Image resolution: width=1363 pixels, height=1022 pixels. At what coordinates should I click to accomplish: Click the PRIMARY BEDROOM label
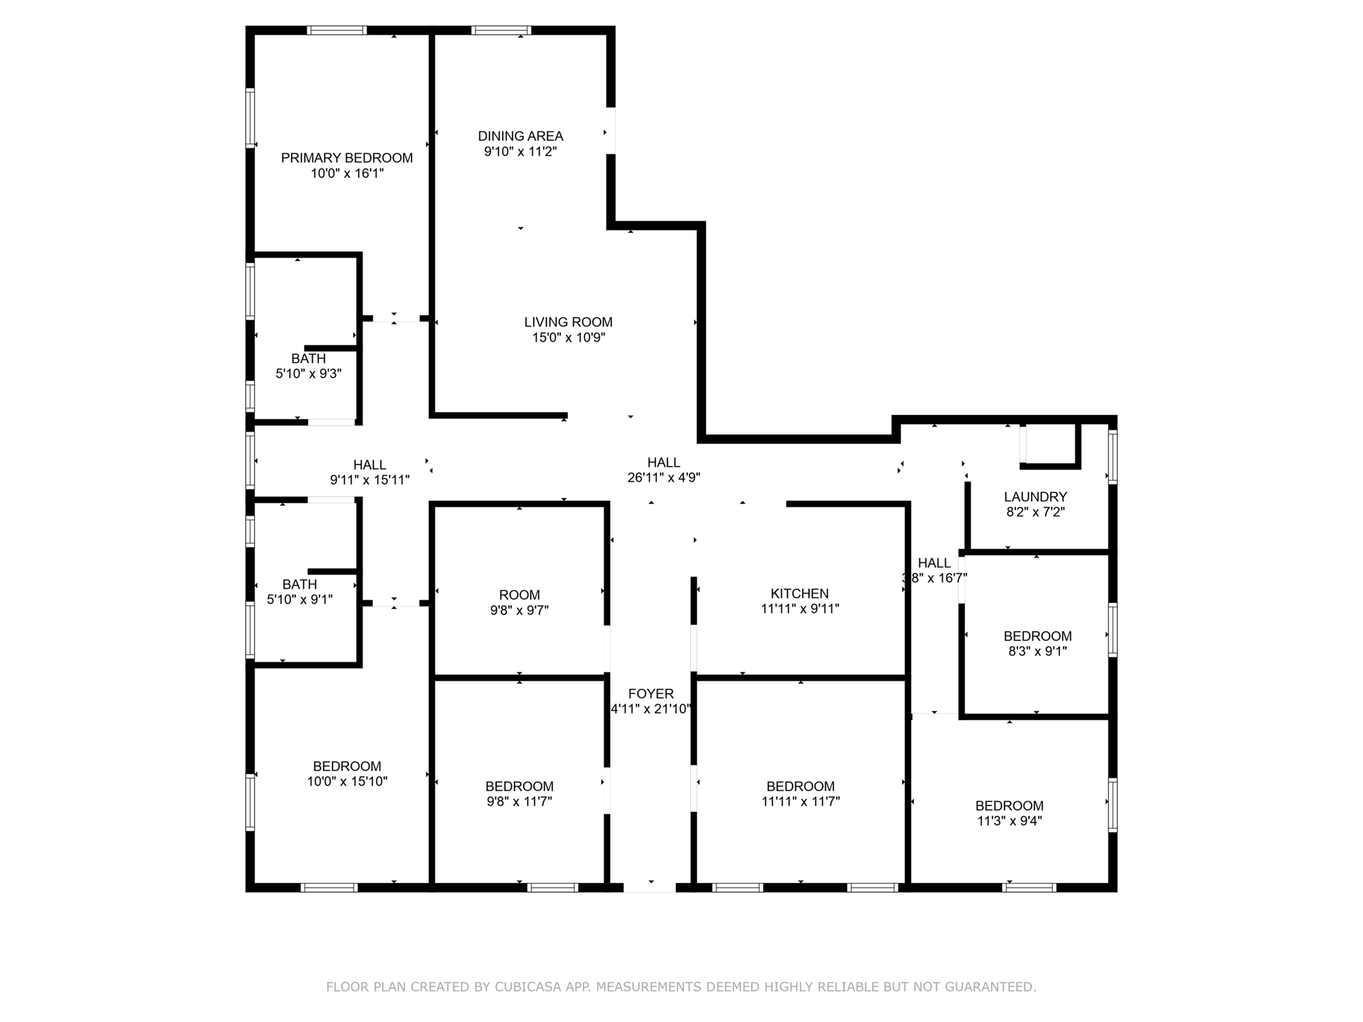pyautogui.click(x=347, y=158)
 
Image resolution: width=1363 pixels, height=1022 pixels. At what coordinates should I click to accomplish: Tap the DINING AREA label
pyautogui.click(x=521, y=136)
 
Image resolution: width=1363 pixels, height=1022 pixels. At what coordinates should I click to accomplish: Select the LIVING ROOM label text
pyautogui.click(x=568, y=322)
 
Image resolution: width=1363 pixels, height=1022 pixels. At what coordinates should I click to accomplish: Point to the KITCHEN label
pyautogui.click(x=800, y=594)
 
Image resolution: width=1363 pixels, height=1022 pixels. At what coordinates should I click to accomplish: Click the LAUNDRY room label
pyautogui.click(x=1035, y=497)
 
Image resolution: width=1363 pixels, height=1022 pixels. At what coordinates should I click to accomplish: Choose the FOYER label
pyautogui.click(x=651, y=694)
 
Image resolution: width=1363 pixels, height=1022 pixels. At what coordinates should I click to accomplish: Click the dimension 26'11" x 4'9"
pyautogui.click(x=664, y=478)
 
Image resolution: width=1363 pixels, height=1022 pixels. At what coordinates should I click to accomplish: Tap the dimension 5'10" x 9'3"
pyautogui.click(x=309, y=374)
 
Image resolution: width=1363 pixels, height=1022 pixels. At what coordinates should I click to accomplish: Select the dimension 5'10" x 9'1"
pyautogui.click(x=300, y=600)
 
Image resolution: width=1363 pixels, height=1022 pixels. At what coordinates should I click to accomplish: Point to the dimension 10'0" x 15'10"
pyautogui.click(x=347, y=782)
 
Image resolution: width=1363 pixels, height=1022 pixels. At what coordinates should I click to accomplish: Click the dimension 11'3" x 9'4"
pyautogui.click(x=1009, y=822)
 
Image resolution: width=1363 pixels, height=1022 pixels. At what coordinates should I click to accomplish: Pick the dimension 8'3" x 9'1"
pyautogui.click(x=1038, y=651)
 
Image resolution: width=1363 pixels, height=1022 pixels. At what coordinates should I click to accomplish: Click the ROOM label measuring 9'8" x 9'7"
pyautogui.click(x=519, y=595)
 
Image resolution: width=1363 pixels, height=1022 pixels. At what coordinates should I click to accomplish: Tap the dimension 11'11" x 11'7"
pyautogui.click(x=801, y=802)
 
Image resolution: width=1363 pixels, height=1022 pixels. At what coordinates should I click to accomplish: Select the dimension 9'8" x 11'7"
pyautogui.click(x=519, y=802)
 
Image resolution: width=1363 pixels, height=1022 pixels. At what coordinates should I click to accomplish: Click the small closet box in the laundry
pyautogui.click(x=1050, y=446)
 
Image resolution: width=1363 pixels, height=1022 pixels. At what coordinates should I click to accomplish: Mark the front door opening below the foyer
pyautogui.click(x=649, y=887)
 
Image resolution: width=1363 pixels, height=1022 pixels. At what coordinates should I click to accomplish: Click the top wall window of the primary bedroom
pyautogui.click(x=337, y=30)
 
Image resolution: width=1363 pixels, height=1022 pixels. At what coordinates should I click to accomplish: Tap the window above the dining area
pyautogui.click(x=501, y=30)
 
